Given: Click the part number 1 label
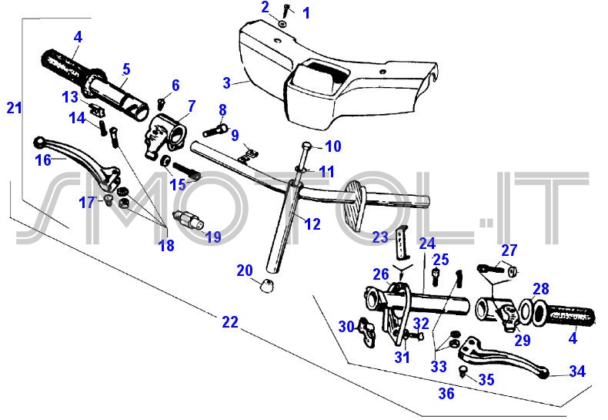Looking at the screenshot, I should pos(306,12).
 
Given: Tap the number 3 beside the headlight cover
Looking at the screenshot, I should pos(226,82).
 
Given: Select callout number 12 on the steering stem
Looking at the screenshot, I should pos(312,224).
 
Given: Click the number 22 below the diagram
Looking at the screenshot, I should pos(230,322).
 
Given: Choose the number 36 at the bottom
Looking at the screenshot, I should pos(446,394).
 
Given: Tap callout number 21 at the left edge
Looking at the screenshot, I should pos(14,108).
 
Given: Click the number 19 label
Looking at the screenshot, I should pos(212,237).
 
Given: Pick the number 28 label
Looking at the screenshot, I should pos(541,289).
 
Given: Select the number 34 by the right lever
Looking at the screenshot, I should pos(577,371).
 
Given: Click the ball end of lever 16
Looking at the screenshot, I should pos(39,142).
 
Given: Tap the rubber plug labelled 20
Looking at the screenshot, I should pos(267,287).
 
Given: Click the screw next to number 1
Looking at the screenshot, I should pos(286,11).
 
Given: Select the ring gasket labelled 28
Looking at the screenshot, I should pos(526,310).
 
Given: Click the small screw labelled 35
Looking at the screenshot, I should pos(463,371).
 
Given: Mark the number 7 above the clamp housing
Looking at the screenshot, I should pos(191,106).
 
